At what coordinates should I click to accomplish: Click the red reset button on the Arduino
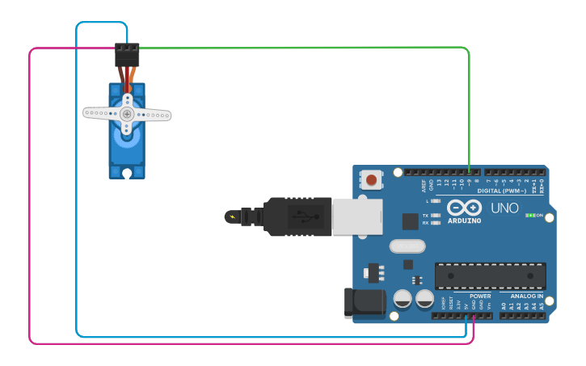click(371, 179)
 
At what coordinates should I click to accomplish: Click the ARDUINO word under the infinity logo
click(464, 221)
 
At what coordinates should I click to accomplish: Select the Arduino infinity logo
click(464, 207)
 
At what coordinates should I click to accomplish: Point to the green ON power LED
click(530, 216)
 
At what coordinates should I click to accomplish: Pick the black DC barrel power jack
click(365, 302)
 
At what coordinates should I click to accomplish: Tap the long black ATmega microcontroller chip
click(490, 276)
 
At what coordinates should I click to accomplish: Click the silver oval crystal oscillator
click(407, 246)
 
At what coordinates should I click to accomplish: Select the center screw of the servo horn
click(127, 114)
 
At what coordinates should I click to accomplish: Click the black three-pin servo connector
click(127, 54)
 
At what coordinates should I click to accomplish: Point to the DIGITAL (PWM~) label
click(501, 191)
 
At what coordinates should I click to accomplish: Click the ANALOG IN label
click(526, 297)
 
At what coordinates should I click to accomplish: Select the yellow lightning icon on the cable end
click(234, 217)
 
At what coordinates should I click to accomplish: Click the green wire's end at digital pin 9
click(470, 172)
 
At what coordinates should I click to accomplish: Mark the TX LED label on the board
click(426, 216)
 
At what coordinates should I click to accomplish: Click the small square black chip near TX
click(411, 221)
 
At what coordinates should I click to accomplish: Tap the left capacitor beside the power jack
click(403, 300)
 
